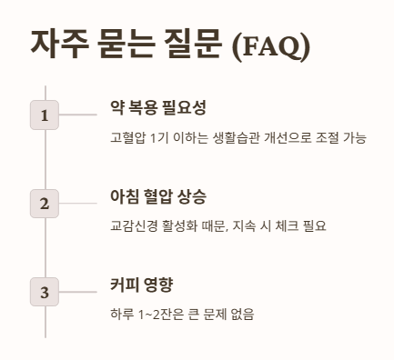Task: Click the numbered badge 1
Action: pyautogui.click(x=45, y=115)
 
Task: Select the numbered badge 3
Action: pyautogui.click(x=45, y=293)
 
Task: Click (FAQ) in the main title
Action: pyautogui.click(x=271, y=45)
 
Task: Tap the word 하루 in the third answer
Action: pyautogui.click(x=120, y=315)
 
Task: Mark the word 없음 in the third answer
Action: pyautogui.click(x=242, y=315)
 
